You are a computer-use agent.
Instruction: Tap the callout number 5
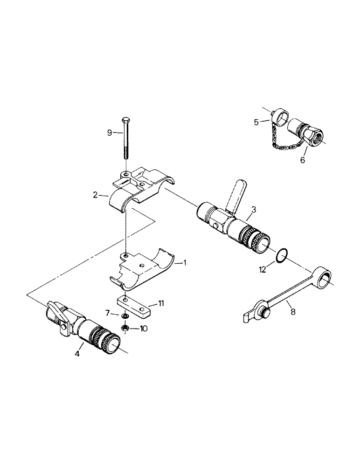256,123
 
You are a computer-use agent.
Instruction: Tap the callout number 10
144,329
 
